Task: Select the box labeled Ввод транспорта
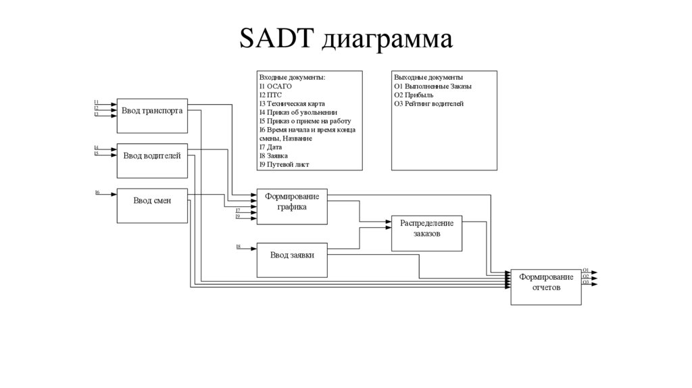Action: pos(152,110)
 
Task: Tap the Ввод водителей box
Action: pos(151,156)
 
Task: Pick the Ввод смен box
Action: pos(151,201)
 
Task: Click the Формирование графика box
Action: pos(291,202)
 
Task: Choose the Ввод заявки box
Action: pos(291,256)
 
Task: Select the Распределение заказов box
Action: pos(426,228)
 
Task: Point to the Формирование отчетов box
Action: pos(546,283)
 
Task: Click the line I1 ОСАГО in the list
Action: pos(275,87)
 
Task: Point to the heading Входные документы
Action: pos(292,78)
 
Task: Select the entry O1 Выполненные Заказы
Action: pos(432,87)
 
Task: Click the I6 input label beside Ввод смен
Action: pos(97,193)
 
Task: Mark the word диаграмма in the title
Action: pos(386,39)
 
